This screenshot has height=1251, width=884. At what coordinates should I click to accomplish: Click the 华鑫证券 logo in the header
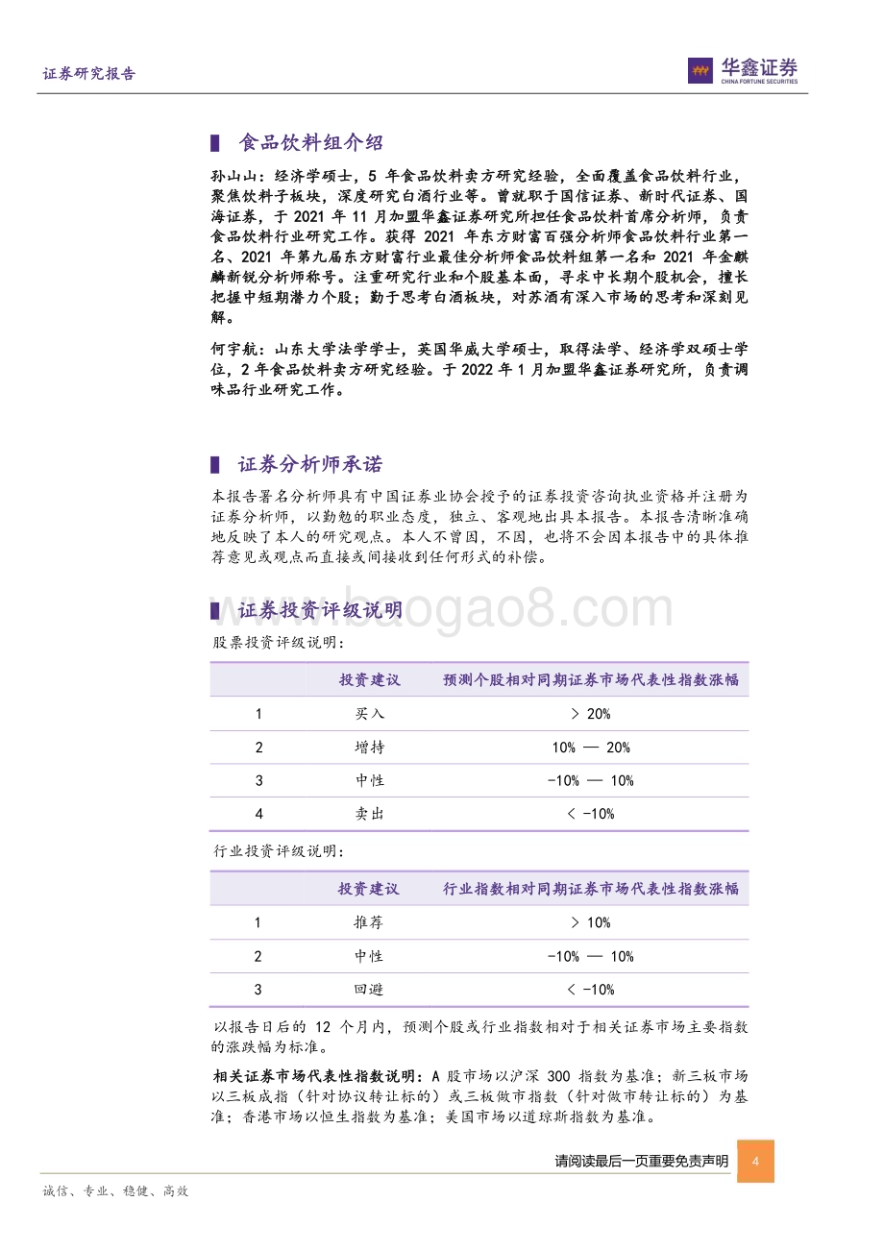pos(743,69)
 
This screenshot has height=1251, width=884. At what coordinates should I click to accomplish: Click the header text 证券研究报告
pos(89,74)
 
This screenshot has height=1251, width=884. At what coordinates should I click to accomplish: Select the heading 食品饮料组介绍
pos(310,143)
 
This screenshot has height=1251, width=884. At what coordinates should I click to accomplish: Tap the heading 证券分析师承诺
pos(310,465)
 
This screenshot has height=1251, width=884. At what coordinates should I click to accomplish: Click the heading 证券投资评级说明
pos(320,611)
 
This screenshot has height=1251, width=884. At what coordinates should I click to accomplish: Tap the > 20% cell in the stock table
pos(590,714)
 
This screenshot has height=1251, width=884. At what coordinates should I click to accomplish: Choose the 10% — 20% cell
pos(590,748)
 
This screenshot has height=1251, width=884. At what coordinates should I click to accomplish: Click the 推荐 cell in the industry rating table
pos(368,922)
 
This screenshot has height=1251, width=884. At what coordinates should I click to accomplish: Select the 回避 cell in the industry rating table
pos(368,990)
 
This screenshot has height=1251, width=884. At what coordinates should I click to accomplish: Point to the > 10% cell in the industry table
pos(590,922)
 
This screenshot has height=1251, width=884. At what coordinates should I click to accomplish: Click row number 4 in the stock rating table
pos(258,814)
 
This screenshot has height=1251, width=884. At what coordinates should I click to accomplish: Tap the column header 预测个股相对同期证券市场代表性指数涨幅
pos(590,680)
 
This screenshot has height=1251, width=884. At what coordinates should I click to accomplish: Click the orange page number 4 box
pos(755,1162)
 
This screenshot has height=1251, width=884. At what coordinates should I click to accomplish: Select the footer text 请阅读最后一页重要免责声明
pos(641,1162)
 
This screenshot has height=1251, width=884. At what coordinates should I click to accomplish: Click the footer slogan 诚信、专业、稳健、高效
pos(116,1191)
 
